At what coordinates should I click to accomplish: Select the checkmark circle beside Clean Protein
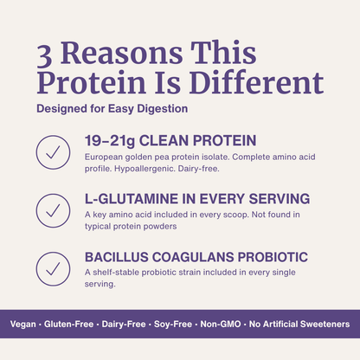(53, 151)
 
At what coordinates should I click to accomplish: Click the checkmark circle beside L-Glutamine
(53, 210)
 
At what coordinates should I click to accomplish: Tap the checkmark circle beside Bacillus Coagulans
(53, 267)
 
